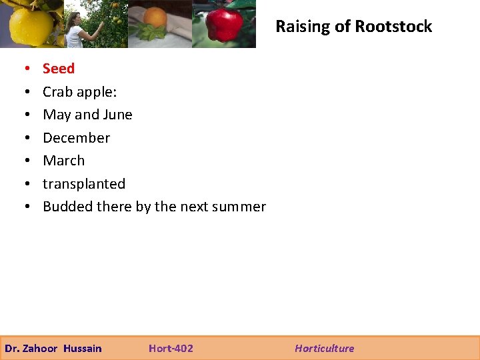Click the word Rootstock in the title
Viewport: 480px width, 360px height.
(393, 27)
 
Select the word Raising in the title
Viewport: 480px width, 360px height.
(301, 27)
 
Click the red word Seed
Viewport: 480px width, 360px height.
(59, 69)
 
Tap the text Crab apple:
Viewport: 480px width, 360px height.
(79, 92)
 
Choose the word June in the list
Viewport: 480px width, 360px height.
(117, 115)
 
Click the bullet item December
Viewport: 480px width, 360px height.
(76, 138)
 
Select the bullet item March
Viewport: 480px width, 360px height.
(63, 161)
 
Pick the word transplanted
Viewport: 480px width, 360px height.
(84, 184)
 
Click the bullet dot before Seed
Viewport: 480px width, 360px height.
(24, 69)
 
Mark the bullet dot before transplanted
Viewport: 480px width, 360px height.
(24, 184)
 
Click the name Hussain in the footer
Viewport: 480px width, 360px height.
(83, 348)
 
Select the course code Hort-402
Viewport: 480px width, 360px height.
(171, 348)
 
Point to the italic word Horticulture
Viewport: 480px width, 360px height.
(325, 348)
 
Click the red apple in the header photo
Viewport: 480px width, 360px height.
(223, 25)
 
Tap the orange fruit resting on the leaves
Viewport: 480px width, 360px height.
(155, 18)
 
